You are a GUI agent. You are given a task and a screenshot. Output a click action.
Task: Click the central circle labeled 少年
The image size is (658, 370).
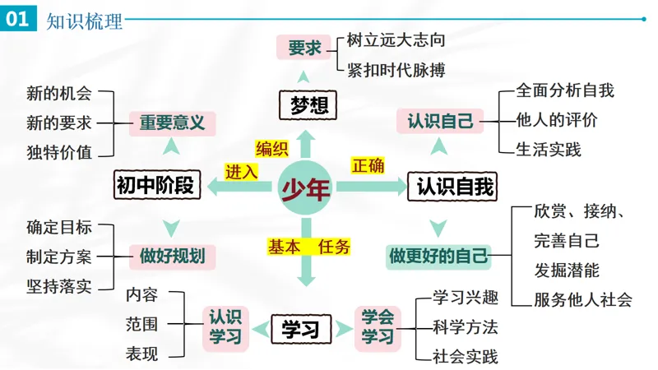pyautogui.click(x=305, y=187)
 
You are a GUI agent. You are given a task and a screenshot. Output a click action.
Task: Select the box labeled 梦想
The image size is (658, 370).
pyautogui.click(x=308, y=105)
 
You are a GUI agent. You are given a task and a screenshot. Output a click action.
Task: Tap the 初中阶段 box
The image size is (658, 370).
pyautogui.click(x=157, y=184)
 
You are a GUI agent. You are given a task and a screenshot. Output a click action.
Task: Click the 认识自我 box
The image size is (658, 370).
pyautogui.click(x=452, y=186)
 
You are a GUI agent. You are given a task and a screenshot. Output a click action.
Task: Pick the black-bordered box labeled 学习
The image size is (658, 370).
pyautogui.click(x=301, y=329)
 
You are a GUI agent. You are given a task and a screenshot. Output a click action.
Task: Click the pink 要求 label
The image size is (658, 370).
pyautogui.click(x=304, y=48)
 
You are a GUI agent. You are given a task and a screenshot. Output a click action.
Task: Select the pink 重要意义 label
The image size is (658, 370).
pyautogui.click(x=172, y=123)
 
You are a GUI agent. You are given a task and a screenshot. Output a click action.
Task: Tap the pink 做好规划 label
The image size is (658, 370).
pyautogui.click(x=172, y=257)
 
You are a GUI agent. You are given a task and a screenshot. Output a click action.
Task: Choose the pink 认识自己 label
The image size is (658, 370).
pyautogui.click(x=440, y=121)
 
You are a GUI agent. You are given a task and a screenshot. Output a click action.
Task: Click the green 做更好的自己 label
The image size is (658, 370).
pyautogui.click(x=438, y=257)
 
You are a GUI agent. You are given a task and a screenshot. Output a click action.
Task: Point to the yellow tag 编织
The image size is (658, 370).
pyautogui.click(x=272, y=149)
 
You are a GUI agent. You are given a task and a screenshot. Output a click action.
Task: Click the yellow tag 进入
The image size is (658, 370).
pyautogui.click(x=241, y=172)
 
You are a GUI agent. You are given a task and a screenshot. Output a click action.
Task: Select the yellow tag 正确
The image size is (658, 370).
pyautogui.click(x=368, y=165)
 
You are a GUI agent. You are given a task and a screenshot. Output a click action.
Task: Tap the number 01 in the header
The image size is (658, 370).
pyautogui.click(x=17, y=18)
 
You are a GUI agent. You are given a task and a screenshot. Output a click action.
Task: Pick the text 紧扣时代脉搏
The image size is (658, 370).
pyautogui.click(x=396, y=70)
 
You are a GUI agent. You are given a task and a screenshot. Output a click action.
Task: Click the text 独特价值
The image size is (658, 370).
pyautogui.click(x=59, y=152)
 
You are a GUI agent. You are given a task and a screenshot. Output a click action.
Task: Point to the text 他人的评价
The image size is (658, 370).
pyautogui.click(x=557, y=120)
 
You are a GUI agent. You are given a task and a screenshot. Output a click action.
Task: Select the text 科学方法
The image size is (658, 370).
pyautogui.click(x=466, y=327)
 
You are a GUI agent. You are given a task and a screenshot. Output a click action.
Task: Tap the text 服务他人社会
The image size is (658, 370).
pyautogui.click(x=583, y=299)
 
